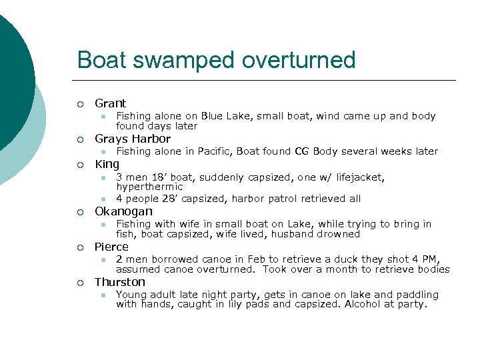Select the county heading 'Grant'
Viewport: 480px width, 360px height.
pyautogui.click(x=110, y=103)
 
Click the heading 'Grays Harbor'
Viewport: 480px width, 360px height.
pyautogui.click(x=133, y=139)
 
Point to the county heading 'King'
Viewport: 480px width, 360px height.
pyautogui.click(x=107, y=164)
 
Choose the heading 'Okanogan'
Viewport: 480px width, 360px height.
pyautogui.click(x=123, y=211)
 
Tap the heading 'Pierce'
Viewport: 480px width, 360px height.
pyautogui.click(x=111, y=247)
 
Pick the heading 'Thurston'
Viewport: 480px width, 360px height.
pyautogui.click(x=120, y=282)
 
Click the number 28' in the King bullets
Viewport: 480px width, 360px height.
pyautogui.click(x=168, y=199)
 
